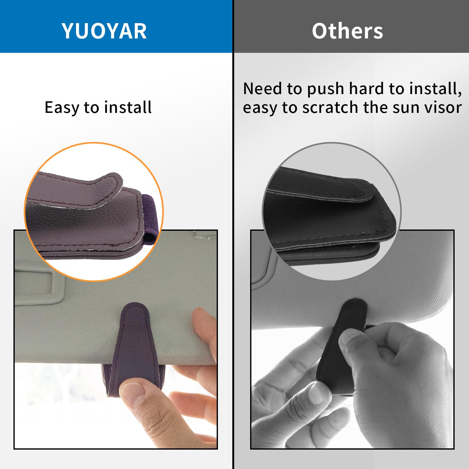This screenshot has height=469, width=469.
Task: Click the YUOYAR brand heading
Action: point(104,31)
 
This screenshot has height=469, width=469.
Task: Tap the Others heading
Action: point(347,31)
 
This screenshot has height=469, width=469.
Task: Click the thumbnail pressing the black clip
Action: point(350,341)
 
